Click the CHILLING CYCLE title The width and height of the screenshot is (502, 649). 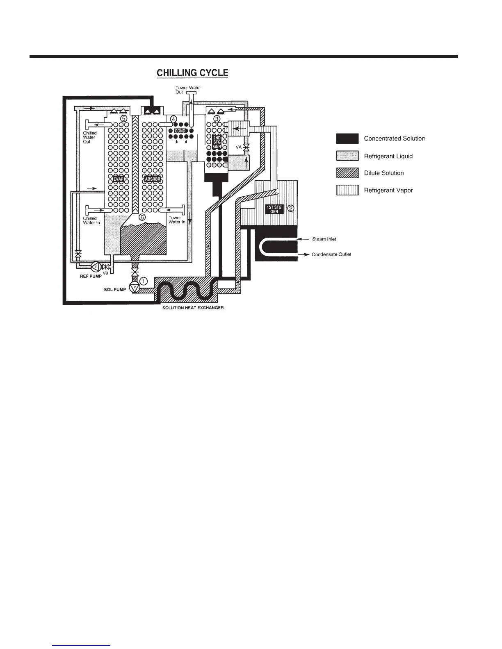click(x=192, y=73)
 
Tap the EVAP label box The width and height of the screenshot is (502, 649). click(x=119, y=179)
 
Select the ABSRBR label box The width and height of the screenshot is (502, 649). click(x=152, y=179)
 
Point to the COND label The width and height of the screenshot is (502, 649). click(x=180, y=131)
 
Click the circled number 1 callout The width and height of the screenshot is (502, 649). click(x=144, y=281)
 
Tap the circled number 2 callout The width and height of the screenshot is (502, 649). click(x=290, y=208)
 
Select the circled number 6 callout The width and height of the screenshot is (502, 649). click(x=142, y=217)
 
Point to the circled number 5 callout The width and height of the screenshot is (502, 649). click(x=123, y=118)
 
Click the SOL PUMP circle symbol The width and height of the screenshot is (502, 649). click(x=134, y=287)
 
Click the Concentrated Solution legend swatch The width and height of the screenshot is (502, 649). click(x=347, y=138)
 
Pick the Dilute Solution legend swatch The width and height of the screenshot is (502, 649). click(x=347, y=173)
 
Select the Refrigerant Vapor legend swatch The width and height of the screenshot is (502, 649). click(x=347, y=190)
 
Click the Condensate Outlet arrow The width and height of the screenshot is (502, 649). click(x=303, y=254)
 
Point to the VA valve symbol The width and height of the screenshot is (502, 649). click(x=246, y=147)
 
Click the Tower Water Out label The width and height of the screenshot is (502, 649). click(x=188, y=90)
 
